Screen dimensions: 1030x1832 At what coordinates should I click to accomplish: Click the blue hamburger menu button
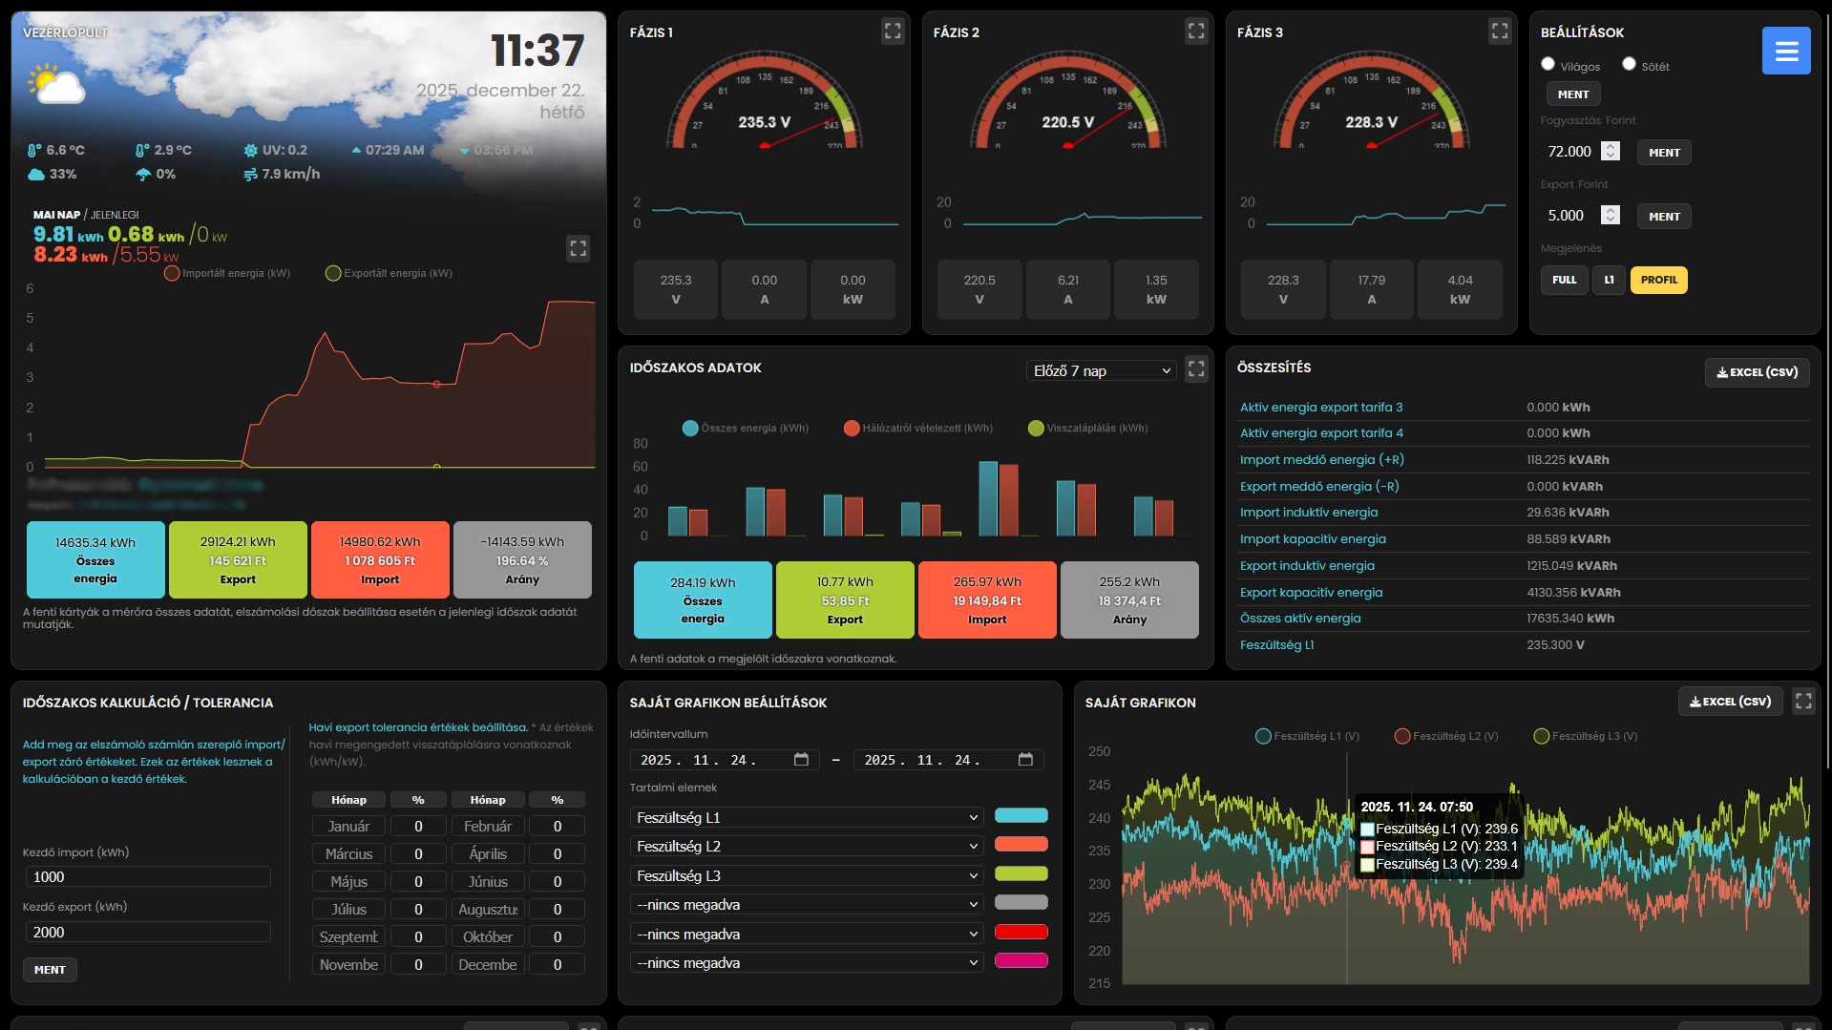[x=1785, y=51]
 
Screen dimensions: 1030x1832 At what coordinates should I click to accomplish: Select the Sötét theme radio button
[x=1629, y=64]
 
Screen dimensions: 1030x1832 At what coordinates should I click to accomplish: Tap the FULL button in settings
[x=1564, y=280]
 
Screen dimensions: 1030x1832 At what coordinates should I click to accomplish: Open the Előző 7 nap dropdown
[x=1102, y=370]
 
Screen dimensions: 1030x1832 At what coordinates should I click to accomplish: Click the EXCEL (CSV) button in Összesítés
[x=1757, y=372]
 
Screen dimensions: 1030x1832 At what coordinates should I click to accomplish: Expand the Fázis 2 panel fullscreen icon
[x=1196, y=32]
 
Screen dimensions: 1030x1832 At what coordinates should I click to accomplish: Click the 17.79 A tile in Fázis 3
[x=1371, y=289]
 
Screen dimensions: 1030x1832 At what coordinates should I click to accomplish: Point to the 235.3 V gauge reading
[x=764, y=122]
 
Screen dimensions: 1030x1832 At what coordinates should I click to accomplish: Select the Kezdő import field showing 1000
[x=147, y=876]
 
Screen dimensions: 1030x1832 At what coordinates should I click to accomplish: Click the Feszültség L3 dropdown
[x=807, y=875]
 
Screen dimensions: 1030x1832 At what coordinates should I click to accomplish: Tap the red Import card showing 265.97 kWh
[x=987, y=599]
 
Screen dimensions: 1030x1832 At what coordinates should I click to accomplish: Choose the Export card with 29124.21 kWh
[x=238, y=559]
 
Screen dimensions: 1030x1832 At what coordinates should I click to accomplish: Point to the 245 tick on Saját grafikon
[x=1099, y=785]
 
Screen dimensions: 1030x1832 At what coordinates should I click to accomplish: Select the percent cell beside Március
[x=418, y=853]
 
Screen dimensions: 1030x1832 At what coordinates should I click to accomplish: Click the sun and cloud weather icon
[x=57, y=85]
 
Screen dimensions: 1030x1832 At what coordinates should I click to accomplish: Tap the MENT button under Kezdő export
[x=50, y=970]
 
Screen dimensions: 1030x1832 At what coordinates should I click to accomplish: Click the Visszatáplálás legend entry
[x=1087, y=428]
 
